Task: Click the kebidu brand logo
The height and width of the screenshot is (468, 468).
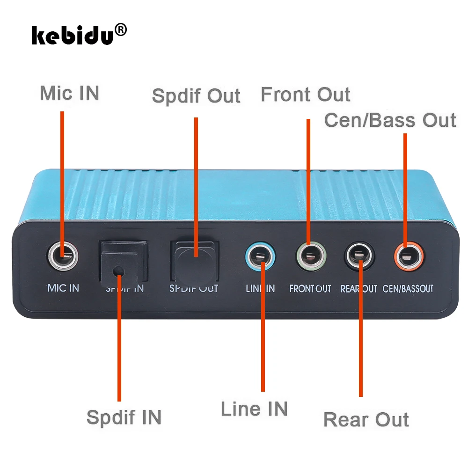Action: pyautogui.click(x=73, y=35)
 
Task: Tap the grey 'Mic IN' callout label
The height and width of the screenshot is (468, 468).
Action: pyautogui.click(x=69, y=93)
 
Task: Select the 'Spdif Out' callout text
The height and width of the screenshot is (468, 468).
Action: pyautogui.click(x=196, y=95)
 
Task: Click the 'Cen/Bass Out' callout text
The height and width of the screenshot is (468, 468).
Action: pyautogui.click(x=390, y=120)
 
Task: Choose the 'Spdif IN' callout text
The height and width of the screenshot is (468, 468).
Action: pyautogui.click(x=124, y=417)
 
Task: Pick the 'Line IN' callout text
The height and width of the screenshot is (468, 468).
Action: pyautogui.click(x=254, y=409)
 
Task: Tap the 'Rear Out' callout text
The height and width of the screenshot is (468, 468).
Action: pyautogui.click(x=366, y=419)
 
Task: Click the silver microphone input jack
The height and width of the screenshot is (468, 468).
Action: pyautogui.click(x=63, y=256)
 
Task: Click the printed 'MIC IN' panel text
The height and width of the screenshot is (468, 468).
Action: pyautogui.click(x=63, y=287)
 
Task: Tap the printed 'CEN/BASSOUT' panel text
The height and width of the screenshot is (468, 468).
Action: pyautogui.click(x=408, y=288)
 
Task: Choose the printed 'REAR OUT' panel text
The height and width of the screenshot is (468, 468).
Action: pyautogui.click(x=358, y=288)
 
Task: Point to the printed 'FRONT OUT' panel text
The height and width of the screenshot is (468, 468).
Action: pyautogui.click(x=310, y=288)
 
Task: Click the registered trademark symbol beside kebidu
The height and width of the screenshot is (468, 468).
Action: pyautogui.click(x=120, y=30)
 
